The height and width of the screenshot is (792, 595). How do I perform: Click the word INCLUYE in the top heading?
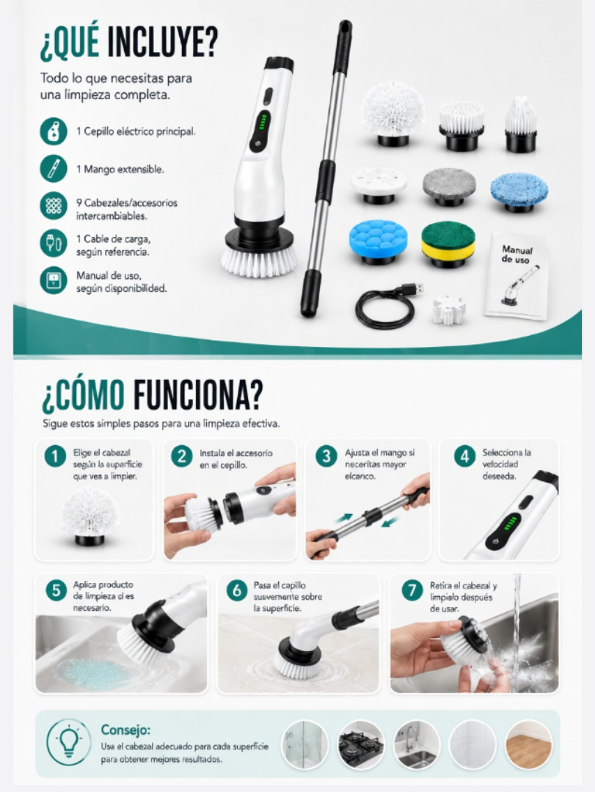[162, 43]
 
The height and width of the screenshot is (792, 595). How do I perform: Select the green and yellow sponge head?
[448, 244]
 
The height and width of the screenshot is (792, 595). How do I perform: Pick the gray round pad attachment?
[450, 186]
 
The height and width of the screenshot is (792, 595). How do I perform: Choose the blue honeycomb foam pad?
[379, 241]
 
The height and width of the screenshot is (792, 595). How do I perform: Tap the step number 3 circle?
[326, 456]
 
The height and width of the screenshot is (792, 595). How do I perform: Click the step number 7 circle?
[412, 590]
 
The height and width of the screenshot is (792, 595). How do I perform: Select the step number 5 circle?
[56, 590]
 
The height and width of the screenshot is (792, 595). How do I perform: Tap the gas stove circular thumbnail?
[361, 745]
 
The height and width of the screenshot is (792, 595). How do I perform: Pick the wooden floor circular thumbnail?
[528, 745]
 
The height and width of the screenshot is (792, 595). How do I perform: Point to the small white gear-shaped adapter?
[449, 310]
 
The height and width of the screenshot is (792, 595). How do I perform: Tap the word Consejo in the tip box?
[125, 730]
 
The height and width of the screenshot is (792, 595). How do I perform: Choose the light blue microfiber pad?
[519, 191]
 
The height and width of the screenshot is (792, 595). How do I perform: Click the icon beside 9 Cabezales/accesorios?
[54, 205]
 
